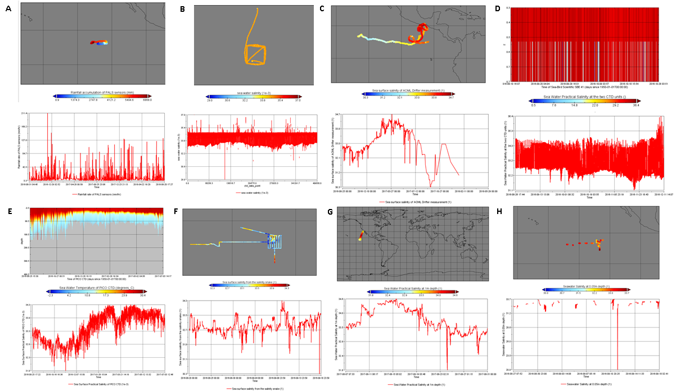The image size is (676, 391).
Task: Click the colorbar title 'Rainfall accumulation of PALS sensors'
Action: coord(101,92)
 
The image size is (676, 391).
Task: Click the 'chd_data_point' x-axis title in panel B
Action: coord(252,185)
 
